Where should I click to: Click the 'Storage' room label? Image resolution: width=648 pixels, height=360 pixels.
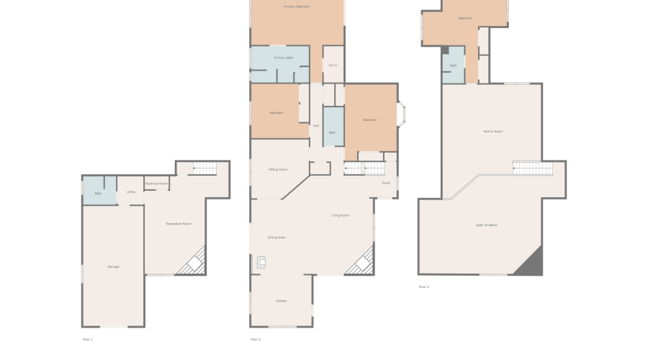[113, 266]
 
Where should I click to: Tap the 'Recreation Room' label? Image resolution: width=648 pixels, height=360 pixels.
[179, 224]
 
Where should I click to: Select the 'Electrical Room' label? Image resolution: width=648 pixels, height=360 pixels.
[156, 184]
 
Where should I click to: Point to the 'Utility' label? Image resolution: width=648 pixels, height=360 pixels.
[131, 192]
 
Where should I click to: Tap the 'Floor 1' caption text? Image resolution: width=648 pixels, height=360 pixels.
[88, 339]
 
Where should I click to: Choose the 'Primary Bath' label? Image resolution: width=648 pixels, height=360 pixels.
[284, 58]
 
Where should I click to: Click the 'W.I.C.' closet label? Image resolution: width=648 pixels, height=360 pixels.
[333, 66]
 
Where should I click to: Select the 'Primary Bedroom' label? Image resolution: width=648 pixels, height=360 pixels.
[297, 6]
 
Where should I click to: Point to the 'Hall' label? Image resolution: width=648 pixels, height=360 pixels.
[316, 125]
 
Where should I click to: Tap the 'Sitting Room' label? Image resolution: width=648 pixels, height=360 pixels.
[278, 169]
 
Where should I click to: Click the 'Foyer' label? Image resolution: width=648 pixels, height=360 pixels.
[386, 183]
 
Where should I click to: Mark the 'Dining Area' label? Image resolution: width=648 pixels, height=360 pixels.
[276, 237]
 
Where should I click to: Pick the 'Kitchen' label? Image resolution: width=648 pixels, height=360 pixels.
[281, 300]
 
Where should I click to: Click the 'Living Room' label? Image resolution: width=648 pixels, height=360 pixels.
[341, 215]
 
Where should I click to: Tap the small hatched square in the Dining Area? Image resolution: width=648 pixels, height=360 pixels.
[261, 264]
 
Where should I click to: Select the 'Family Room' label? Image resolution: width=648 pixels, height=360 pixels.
[492, 131]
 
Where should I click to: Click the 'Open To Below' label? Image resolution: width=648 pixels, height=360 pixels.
[487, 225]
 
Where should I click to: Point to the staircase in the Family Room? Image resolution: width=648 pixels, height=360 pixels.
[533, 168]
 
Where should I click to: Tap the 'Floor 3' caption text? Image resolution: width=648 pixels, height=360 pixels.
[424, 287]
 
